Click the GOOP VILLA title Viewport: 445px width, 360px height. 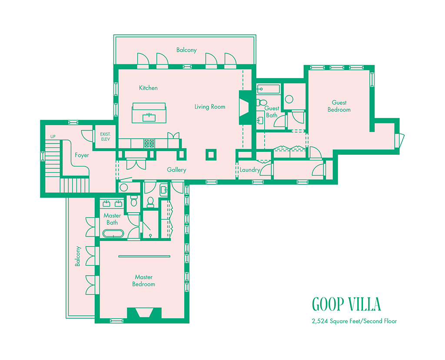click(346, 304)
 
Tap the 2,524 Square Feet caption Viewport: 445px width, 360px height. click(354, 321)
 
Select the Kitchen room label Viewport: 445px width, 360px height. click(148, 88)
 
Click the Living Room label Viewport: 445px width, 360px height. click(210, 107)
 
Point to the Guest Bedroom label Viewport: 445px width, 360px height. click(339, 106)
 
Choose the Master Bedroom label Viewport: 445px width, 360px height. click(143, 280)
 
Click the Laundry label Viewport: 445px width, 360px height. click(250, 170)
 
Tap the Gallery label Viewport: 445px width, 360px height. click(176, 170)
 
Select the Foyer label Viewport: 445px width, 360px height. click(82, 155)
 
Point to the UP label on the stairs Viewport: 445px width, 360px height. click(53, 137)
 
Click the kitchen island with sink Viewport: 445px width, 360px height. click(149, 113)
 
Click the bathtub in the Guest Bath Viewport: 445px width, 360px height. click(268, 90)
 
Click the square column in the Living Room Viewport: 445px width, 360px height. click(211, 154)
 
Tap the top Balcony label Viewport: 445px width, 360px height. click(186, 50)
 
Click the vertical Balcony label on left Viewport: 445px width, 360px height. click(78, 257)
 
